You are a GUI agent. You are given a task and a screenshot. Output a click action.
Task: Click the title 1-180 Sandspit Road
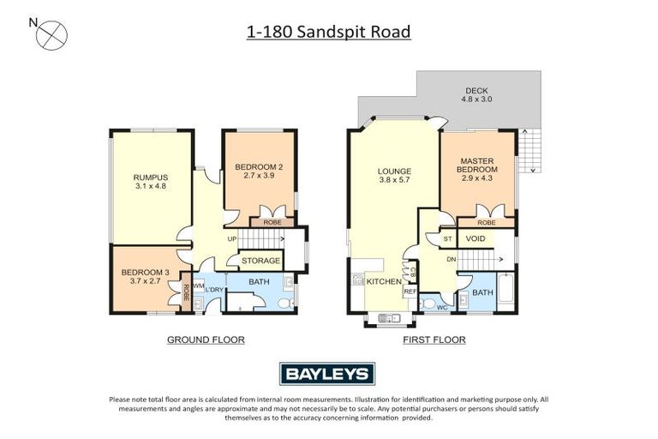tap(328, 33)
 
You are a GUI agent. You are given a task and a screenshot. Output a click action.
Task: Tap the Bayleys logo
tap(328, 373)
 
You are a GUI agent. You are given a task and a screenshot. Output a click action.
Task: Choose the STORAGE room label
tap(260, 261)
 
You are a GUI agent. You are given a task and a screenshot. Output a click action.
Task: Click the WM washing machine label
tap(198, 285)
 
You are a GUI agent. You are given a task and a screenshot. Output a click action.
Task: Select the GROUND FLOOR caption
tap(206, 340)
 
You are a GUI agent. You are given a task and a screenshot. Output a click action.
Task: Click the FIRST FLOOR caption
tap(434, 340)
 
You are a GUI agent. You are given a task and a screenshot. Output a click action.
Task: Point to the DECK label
tap(477, 93)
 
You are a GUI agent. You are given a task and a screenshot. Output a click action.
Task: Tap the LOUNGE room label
tap(395, 176)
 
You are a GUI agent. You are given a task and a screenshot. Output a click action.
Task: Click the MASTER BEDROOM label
tap(478, 165)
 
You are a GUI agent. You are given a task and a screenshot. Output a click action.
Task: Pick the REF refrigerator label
tap(410, 292)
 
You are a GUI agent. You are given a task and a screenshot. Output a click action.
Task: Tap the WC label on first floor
tap(442, 306)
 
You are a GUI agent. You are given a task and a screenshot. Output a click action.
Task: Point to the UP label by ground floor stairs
tap(231, 239)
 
